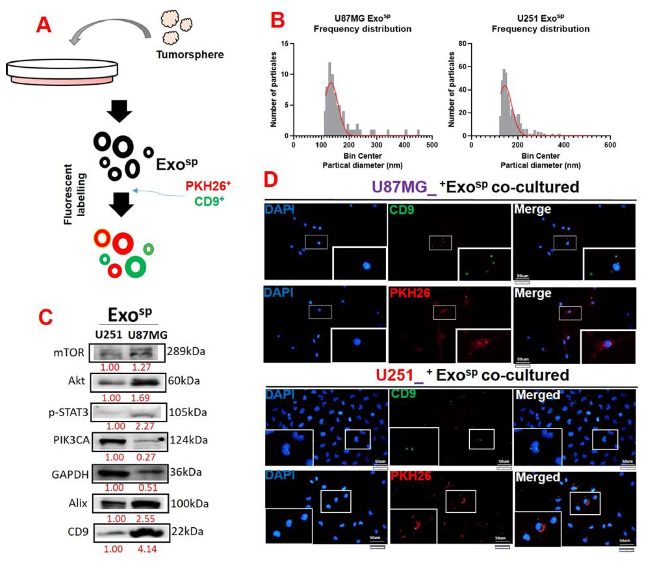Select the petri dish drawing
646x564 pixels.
coord(62,72)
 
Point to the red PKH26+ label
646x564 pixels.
coord(208,186)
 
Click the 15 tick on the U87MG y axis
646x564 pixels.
coord(285,43)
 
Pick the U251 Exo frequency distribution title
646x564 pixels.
coord(541,24)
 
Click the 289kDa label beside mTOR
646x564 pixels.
coord(186,351)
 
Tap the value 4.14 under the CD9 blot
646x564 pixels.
coord(147,549)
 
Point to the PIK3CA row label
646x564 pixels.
coord(71,440)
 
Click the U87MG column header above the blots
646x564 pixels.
coord(148,335)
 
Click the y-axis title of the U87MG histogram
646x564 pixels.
coord(273,90)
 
